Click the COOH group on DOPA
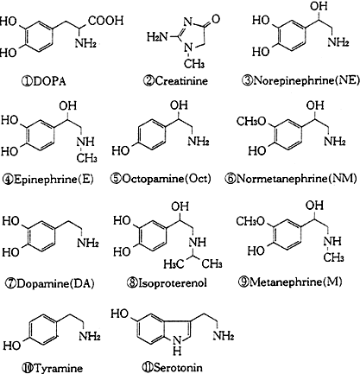105,21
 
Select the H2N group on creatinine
157,37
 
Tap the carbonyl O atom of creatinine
215,19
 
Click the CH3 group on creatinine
194,63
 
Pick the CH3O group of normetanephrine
251,121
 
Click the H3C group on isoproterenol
174,263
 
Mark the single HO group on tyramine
12,345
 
